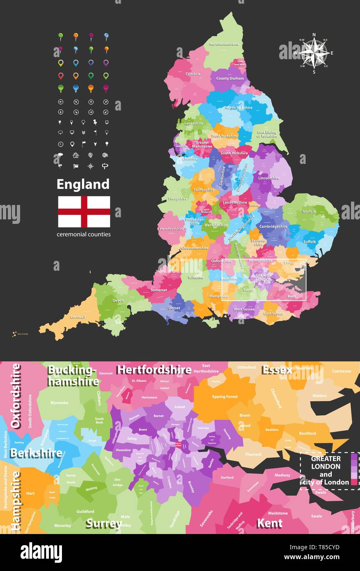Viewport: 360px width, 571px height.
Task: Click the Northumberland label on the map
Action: point(224,44)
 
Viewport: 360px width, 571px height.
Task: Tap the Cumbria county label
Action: point(193,74)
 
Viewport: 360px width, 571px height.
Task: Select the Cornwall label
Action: point(78,317)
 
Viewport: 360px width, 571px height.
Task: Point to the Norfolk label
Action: point(309,212)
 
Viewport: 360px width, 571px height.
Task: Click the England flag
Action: point(84,212)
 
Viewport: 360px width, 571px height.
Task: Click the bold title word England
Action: point(83,184)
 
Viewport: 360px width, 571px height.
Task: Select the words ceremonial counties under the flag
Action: point(84,235)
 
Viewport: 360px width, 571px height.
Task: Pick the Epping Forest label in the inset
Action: point(225,397)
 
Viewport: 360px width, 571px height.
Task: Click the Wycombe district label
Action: point(60,403)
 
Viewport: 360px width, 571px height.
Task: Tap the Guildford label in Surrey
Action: point(85,511)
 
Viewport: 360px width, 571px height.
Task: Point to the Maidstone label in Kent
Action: point(278,513)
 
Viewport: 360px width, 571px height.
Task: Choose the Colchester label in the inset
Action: point(342,371)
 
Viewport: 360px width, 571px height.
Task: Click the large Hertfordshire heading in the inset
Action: point(154,370)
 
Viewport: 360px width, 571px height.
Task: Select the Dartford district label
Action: point(227,477)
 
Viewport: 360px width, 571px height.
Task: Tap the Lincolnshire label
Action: point(269,178)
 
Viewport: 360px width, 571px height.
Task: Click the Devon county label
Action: point(118,301)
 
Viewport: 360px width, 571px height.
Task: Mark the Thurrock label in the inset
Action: point(253,454)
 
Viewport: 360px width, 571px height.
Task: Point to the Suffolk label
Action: point(310,242)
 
